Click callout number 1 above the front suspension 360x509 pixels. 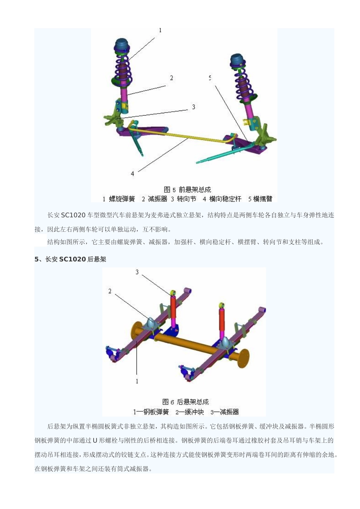click(160, 30)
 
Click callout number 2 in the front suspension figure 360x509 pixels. click(172, 78)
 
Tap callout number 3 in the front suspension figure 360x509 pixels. click(193, 107)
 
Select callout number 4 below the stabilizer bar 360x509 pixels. click(132, 173)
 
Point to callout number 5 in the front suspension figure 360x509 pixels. click(210, 78)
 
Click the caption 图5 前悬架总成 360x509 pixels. click(187, 189)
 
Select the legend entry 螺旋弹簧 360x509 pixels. click(122, 199)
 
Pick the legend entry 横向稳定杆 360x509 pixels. click(225, 199)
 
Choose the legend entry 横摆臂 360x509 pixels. click(262, 199)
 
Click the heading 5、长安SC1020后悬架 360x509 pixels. click(70, 259)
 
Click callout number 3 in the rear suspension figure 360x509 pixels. click(137, 272)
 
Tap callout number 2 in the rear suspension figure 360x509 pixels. click(110, 291)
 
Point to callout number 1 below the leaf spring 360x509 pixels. click(137, 381)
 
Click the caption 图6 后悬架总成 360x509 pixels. click(185, 402)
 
